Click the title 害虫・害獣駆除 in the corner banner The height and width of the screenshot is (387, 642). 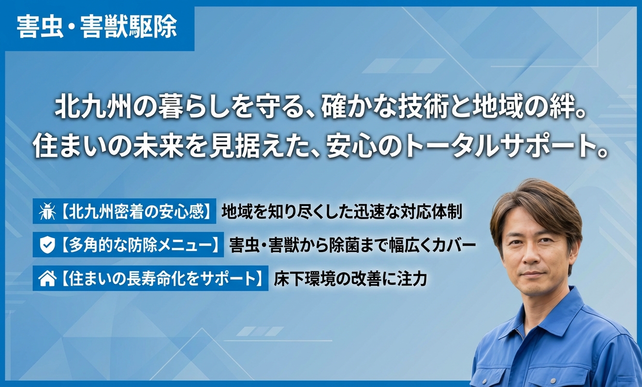[97, 27]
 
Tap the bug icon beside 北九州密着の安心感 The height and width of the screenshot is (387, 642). [47, 211]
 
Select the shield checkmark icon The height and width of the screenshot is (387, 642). [47, 245]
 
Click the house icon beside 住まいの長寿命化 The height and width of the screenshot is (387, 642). [47, 279]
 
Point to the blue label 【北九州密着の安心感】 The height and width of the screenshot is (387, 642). [124, 211]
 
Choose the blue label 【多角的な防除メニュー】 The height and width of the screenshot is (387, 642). [128, 245]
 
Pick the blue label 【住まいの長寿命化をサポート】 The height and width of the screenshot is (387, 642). [150, 278]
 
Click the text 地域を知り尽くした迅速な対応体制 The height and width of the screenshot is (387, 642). [342, 212]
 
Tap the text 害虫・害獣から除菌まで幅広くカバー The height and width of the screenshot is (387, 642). [352, 245]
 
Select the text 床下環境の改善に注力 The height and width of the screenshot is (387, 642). [350, 279]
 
